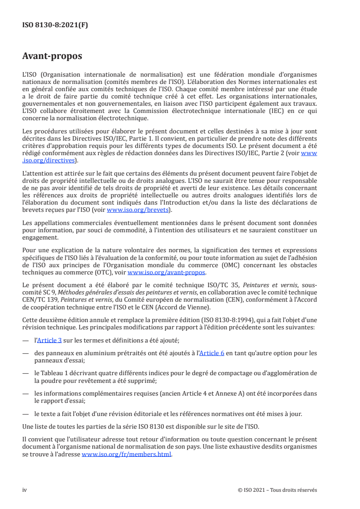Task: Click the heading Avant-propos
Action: [x=52, y=56]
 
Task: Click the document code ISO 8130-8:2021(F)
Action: [x=55, y=25]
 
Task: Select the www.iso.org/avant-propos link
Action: [x=167, y=272]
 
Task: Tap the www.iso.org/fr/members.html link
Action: [x=127, y=454]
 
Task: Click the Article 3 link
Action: [x=49, y=340]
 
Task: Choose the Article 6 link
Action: [x=213, y=352]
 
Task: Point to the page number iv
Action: [x=25, y=490]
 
